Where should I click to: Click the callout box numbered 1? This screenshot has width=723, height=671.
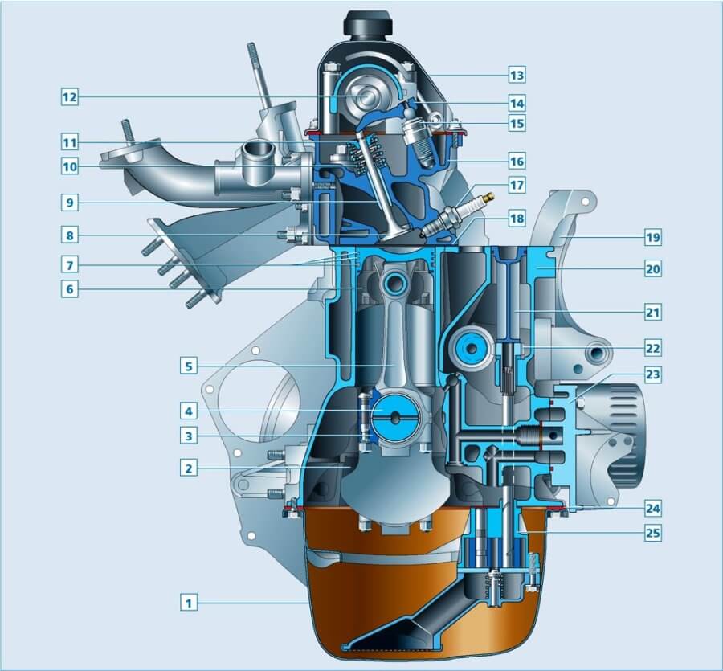(x=188, y=602)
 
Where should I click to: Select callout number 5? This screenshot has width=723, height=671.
(x=188, y=366)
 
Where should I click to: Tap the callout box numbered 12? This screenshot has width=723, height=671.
(x=70, y=97)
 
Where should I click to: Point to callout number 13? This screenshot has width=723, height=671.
(x=517, y=75)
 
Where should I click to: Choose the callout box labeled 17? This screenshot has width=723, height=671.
(x=517, y=185)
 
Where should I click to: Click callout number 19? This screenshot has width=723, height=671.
(x=653, y=238)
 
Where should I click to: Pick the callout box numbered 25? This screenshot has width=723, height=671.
(x=653, y=533)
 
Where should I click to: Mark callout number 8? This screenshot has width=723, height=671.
(x=70, y=235)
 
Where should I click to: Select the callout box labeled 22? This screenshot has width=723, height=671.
(x=653, y=348)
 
